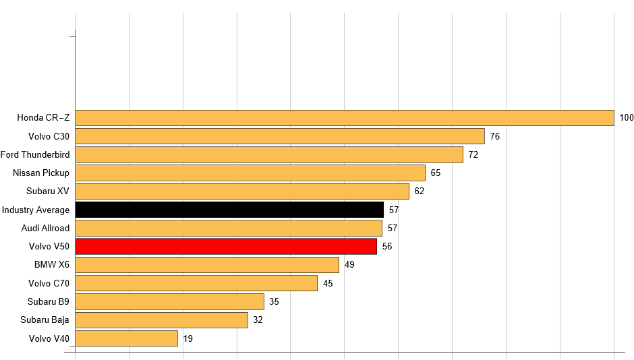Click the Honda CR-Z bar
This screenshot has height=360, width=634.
[344, 118]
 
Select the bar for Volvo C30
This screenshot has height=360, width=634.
[279, 136]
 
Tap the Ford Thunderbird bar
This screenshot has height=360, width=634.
[268, 154]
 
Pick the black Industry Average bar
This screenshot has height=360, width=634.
[229, 210]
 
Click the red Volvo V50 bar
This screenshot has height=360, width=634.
[225, 246]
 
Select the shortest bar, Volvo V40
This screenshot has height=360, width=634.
[126, 338]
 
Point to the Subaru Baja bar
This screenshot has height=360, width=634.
[161, 320]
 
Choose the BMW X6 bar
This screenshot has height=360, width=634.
[206, 264]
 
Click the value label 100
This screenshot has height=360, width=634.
[627, 118]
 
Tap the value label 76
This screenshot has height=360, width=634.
[494, 136]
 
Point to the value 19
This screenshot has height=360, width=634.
[188, 338]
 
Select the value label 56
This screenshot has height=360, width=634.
[386, 246]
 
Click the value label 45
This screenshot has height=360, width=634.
[328, 283]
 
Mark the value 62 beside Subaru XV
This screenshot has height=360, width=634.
[419, 191]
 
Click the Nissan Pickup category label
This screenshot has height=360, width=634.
[41, 173]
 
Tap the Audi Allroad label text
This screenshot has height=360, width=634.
[45, 228]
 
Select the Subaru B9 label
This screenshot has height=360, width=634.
[49, 301]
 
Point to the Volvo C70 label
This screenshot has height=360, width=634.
[49, 283]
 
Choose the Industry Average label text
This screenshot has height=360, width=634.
[35, 210]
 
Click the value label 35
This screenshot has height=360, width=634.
[274, 301]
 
